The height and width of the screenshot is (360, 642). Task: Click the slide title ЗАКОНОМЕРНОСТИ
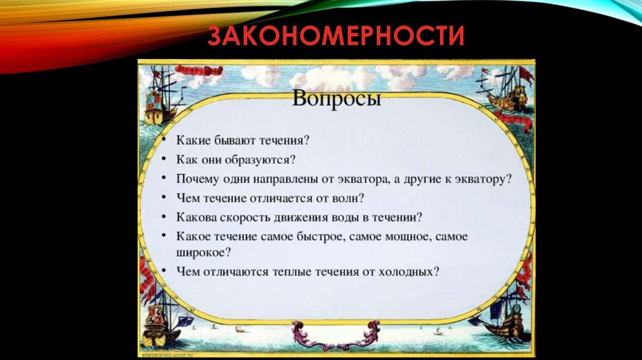(x=335, y=36)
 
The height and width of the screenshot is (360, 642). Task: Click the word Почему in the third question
(x=197, y=179)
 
